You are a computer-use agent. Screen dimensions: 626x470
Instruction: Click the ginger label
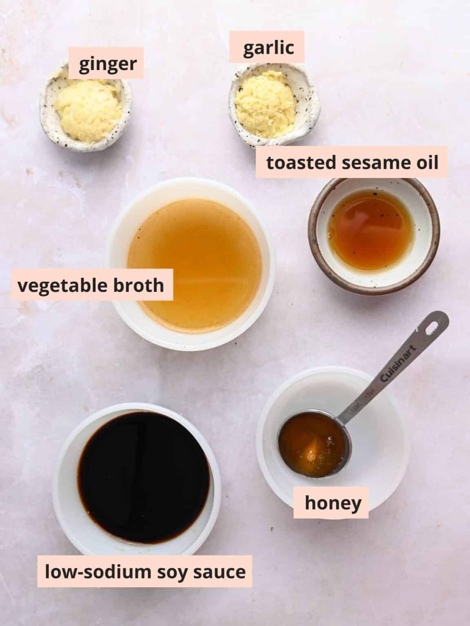click(108, 63)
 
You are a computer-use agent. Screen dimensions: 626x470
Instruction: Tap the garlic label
click(268, 47)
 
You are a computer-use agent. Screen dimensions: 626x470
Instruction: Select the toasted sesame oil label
click(352, 163)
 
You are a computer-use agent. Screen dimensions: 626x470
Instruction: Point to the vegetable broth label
click(90, 285)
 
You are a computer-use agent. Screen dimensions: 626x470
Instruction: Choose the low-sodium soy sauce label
click(145, 571)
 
